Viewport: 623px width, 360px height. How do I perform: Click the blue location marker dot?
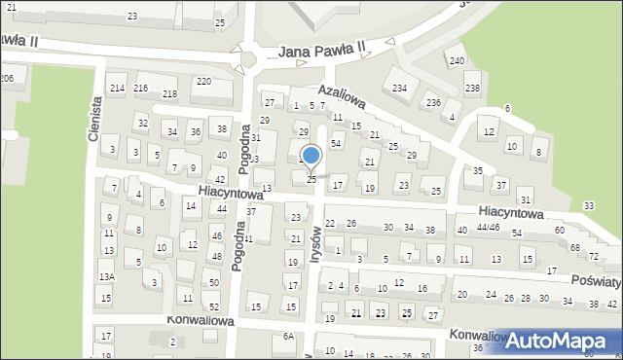pyautogui.click(x=311, y=155)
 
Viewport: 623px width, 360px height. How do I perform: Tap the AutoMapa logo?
pyautogui.click(x=560, y=340)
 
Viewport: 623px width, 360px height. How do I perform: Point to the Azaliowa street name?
pyautogui.click(x=341, y=95)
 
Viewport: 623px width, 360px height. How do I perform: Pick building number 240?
pyautogui.click(x=457, y=61)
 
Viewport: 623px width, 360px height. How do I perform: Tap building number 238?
pyautogui.click(x=472, y=90)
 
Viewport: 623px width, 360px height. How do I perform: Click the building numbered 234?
pyautogui.click(x=399, y=89)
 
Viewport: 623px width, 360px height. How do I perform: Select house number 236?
pyautogui.click(x=433, y=102)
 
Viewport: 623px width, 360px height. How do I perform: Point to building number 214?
pyautogui.click(x=117, y=89)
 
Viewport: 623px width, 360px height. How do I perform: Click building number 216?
pyautogui.click(x=140, y=89)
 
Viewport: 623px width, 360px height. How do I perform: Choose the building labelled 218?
pyautogui.click(x=169, y=93)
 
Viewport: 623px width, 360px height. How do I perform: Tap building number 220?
pyautogui.click(x=202, y=82)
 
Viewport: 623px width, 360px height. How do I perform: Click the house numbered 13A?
pyautogui.click(x=106, y=277)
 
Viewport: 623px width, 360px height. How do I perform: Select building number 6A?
pyautogui.click(x=288, y=336)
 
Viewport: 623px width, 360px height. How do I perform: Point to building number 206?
pyautogui.click(x=7, y=78)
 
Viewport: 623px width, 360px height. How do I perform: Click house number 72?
pyautogui.click(x=592, y=255)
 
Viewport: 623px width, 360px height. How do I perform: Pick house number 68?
pyautogui.click(x=575, y=247)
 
